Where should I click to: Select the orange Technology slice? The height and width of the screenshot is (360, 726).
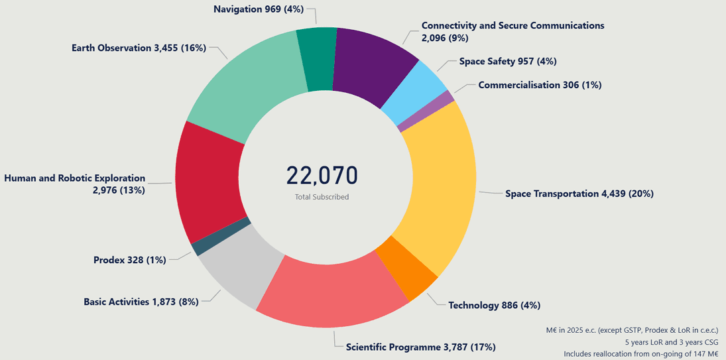click(406, 267)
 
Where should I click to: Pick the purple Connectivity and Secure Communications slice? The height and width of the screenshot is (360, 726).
click(373, 66)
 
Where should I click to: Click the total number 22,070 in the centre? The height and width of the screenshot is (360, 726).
click(322, 175)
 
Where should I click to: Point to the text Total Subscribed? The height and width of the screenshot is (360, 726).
click(322, 197)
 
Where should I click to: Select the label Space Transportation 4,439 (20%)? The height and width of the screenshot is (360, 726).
click(579, 194)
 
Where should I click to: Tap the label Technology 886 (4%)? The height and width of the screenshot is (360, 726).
click(494, 305)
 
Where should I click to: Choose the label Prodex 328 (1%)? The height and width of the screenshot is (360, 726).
click(129, 259)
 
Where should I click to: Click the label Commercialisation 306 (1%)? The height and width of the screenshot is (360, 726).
click(540, 85)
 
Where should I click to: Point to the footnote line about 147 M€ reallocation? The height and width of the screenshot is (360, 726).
click(640, 353)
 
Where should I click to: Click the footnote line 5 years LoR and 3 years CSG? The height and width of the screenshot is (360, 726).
click(672, 341)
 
